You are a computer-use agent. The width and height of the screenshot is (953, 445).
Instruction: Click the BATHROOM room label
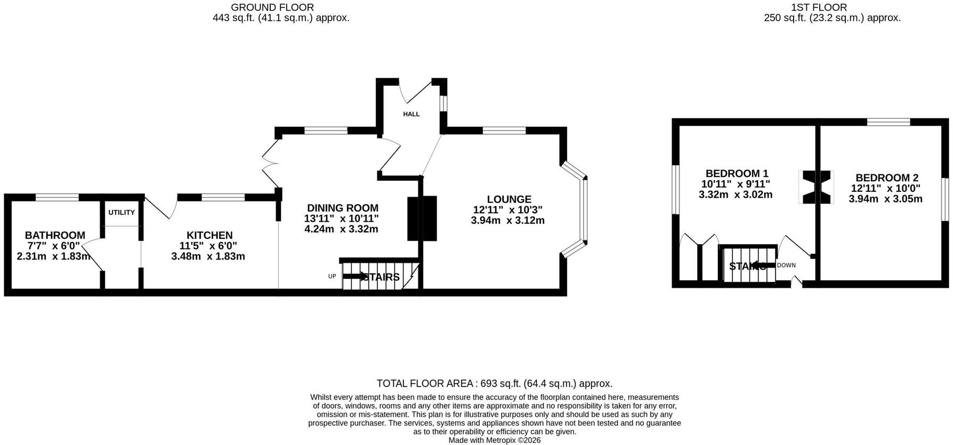(55, 235)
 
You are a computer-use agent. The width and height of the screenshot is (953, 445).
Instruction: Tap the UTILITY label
(122, 213)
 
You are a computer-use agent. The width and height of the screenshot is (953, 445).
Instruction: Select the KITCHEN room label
(209, 235)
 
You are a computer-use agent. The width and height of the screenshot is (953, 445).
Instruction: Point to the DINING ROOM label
(343, 208)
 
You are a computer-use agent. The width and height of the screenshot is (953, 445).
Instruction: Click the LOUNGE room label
(509, 199)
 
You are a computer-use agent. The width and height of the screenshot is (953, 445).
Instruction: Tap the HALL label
(411, 114)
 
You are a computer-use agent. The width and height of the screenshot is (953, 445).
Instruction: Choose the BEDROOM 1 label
(737, 173)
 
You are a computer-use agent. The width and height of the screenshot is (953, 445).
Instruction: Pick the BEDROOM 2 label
(887, 177)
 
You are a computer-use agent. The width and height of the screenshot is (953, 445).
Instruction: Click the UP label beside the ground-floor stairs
(332, 276)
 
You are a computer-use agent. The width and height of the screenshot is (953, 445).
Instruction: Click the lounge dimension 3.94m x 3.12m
(508, 220)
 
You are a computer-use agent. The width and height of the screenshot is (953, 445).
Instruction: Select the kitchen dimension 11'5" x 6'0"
(208, 246)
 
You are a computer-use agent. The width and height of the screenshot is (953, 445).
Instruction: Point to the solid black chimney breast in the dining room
(422, 219)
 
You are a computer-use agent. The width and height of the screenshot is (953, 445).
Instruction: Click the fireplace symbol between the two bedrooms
(815, 187)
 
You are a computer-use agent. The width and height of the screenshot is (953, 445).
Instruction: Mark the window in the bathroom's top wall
(57, 197)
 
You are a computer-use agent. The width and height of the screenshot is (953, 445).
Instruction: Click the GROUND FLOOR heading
(272, 7)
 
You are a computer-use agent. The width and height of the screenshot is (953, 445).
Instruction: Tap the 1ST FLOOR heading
(819, 7)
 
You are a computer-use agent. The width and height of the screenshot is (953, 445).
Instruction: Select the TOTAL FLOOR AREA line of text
(495, 383)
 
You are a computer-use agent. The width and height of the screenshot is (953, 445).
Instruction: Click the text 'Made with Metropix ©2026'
(495, 440)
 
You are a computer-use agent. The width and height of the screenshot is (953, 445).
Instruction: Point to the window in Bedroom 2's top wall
(889, 122)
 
